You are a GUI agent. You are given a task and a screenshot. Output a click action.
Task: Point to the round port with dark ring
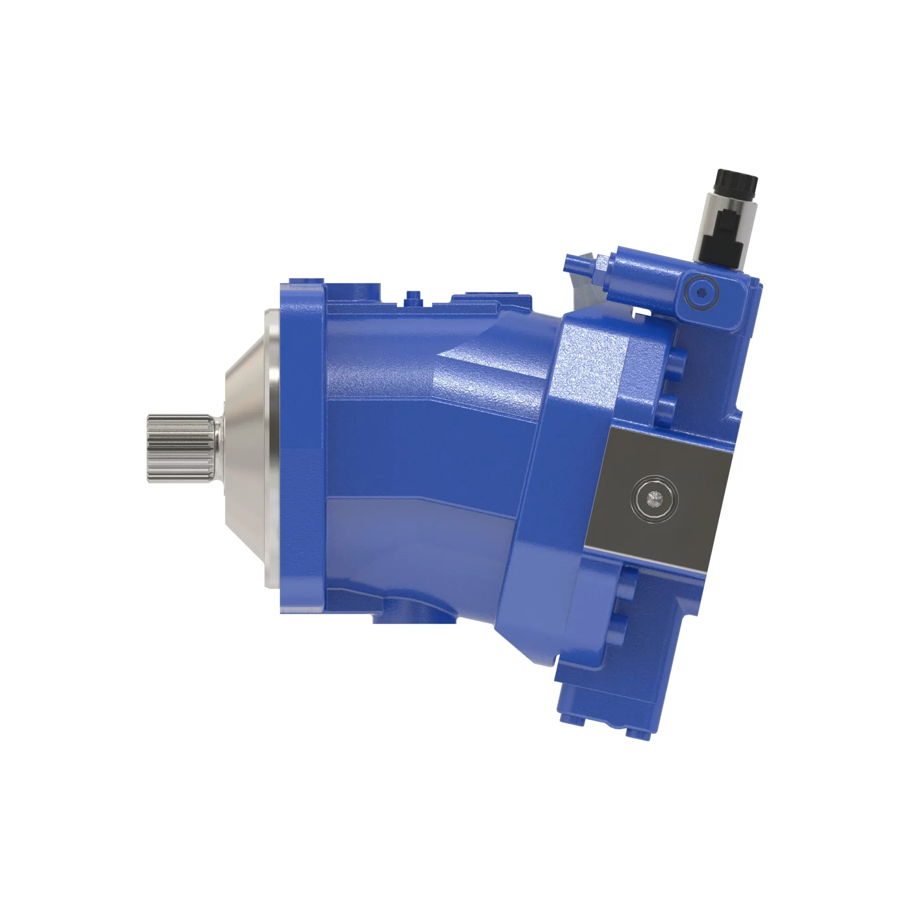tap(701, 293)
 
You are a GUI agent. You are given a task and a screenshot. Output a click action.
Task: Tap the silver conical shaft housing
tap(245, 447)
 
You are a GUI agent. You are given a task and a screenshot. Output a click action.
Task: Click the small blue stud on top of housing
tap(413, 296)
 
